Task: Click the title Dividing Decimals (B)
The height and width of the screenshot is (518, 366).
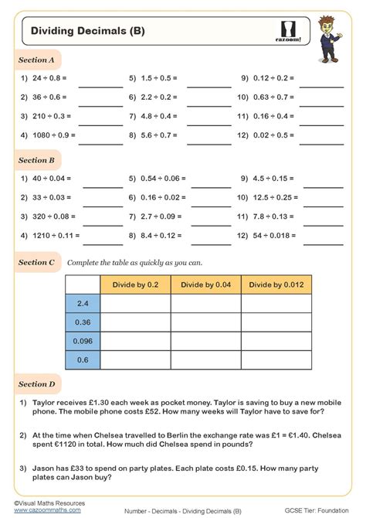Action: pyautogui.click(x=87, y=31)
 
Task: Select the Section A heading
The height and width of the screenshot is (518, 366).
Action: pyautogui.click(x=36, y=60)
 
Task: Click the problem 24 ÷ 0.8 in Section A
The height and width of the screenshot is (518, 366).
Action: pyautogui.click(x=49, y=78)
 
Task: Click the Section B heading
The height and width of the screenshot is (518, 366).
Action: pyautogui.click(x=36, y=160)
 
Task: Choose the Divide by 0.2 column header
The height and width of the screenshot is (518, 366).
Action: pyautogui.click(x=136, y=285)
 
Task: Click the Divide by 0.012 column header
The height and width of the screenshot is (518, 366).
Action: pyautogui.click(x=276, y=285)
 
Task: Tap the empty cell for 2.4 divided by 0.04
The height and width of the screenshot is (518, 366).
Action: pyautogui.click(x=205, y=303)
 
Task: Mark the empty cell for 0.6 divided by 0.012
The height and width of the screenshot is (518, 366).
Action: pyautogui.click(x=276, y=360)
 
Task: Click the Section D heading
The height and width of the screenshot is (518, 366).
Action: pyautogui.click(x=36, y=383)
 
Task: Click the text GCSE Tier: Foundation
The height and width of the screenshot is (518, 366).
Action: pyautogui.click(x=316, y=511)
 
